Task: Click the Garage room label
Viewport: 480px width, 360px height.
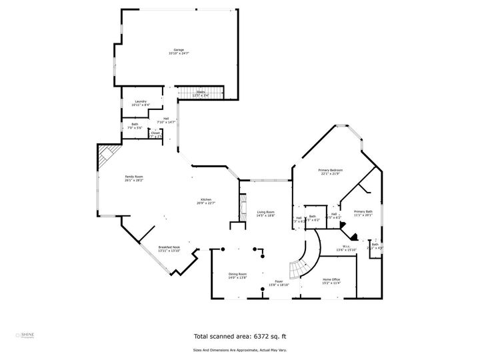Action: (179, 50)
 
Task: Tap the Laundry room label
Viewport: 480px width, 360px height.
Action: (141, 101)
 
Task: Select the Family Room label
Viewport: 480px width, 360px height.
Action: (134, 177)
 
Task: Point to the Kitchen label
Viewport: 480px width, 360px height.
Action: (207, 200)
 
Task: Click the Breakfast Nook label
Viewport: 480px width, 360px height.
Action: (169, 247)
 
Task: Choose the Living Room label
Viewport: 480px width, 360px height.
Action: (265, 212)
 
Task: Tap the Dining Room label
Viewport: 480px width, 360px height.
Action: (238, 274)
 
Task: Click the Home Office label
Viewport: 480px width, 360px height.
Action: (331, 279)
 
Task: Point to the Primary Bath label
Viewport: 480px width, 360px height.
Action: (363, 211)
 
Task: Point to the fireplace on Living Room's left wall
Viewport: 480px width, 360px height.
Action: (235, 207)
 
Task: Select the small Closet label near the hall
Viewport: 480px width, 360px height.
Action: (155, 133)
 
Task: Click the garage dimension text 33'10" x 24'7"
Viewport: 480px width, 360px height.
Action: (179, 53)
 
